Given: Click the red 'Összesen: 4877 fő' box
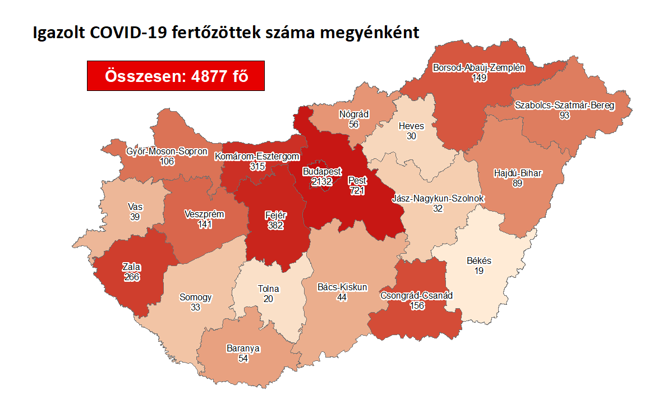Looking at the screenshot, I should click(176, 75).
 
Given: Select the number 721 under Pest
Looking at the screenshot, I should click(357, 191).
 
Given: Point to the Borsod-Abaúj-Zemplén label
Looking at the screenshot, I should click(479, 68).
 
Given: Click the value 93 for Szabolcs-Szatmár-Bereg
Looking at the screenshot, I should click(564, 115).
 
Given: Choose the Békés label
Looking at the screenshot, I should click(479, 261).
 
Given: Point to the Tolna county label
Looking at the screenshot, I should click(268, 289).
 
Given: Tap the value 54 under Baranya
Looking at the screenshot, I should click(243, 358).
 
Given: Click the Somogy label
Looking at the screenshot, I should click(196, 298).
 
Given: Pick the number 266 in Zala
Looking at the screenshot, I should click(132, 277).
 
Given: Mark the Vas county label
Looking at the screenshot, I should click(135, 207).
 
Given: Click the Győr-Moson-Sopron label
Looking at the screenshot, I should click(167, 152).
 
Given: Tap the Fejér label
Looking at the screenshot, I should click(275, 216).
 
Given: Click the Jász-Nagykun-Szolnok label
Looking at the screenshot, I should click(438, 199).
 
